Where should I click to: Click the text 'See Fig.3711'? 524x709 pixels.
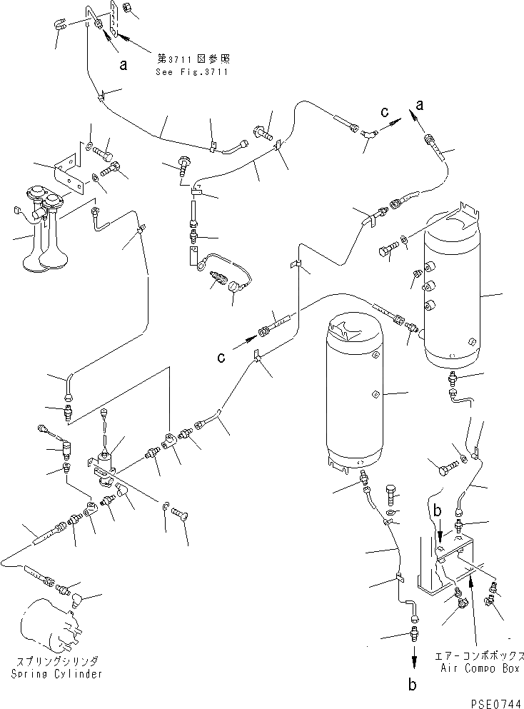[191, 72]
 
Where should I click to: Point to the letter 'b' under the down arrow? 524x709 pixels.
[412, 685]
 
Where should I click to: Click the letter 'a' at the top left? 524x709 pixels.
[124, 65]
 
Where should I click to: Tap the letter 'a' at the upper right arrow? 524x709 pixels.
[420, 105]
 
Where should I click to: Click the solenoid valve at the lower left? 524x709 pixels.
[105, 463]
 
